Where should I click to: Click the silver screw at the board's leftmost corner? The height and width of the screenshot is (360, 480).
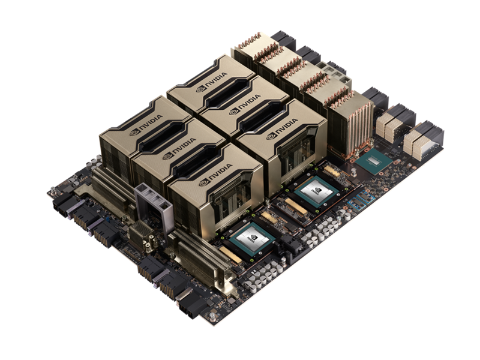(53, 193)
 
